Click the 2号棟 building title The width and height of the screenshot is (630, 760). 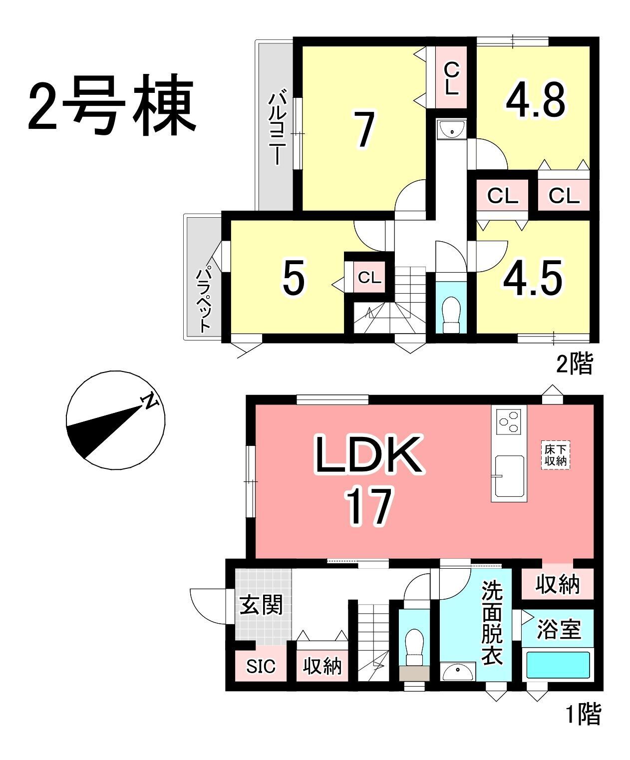pos(112,105)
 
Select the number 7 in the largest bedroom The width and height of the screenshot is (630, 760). pos(364,129)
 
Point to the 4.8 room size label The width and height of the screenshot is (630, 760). pos(536,99)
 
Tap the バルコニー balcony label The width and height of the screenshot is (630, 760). pos(278,129)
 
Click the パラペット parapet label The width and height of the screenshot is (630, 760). pos(204,300)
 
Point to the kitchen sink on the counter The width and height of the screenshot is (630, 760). pos(509,476)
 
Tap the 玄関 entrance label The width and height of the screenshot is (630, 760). pos(261,605)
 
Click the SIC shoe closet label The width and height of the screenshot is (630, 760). pos(261,667)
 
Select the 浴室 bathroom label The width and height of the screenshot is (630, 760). pos(558,629)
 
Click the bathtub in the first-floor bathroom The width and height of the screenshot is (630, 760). pos(558,665)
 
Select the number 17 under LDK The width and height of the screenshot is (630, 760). pos(369,506)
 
